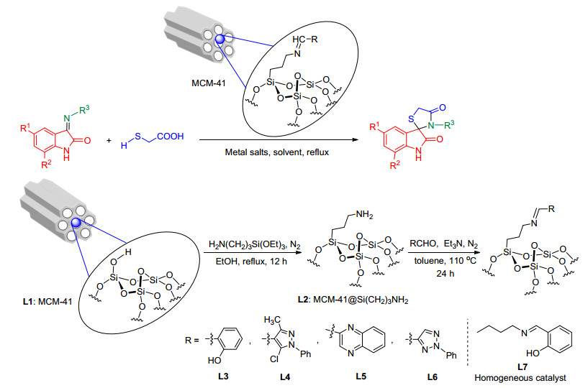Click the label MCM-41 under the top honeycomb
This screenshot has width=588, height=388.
[209, 83]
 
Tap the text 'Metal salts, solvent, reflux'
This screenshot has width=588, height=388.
[277, 152]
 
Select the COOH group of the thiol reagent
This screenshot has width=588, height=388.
[171, 137]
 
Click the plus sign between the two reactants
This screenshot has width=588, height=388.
[109, 141]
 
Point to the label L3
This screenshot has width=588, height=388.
[223, 376]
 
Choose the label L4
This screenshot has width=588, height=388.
[285, 377]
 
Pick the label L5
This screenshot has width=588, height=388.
[361, 376]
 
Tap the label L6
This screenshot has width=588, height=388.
[433, 377]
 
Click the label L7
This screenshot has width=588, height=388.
[522, 367]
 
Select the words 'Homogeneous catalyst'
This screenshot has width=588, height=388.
[520, 378]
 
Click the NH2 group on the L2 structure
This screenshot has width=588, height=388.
[364, 215]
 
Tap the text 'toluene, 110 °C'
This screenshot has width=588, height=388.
[445, 260]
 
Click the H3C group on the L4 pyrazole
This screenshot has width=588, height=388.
[272, 320]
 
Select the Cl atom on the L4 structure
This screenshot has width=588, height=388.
[274, 359]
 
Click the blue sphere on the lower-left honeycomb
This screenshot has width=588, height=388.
[76, 223]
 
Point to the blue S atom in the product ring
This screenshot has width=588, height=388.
[411, 119]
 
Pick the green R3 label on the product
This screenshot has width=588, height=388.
[449, 124]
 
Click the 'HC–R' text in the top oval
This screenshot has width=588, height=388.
[305, 40]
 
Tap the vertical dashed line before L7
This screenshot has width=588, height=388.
[468, 342]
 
